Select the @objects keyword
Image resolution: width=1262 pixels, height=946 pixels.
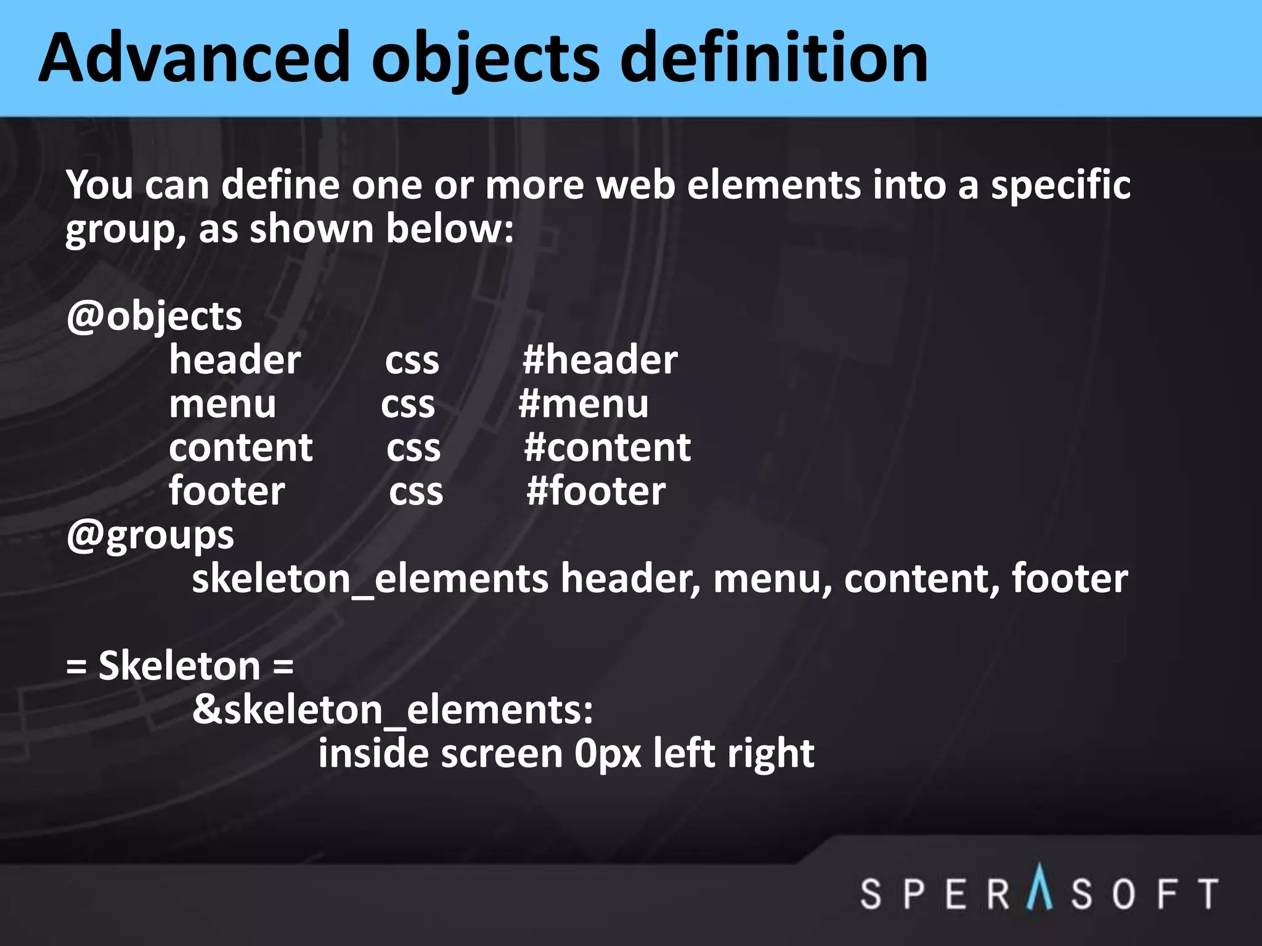point(154,318)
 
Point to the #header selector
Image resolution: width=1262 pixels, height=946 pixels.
point(600,360)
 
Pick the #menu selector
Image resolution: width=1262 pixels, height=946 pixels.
point(584,405)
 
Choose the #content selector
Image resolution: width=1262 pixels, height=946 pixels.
point(607,448)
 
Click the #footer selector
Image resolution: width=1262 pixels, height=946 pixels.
point(596,492)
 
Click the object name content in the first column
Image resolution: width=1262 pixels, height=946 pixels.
point(241,448)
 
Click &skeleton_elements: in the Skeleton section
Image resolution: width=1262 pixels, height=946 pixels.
point(393,711)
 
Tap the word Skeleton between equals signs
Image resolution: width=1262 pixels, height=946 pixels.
point(179,667)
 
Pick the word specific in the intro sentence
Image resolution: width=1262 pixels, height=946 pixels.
point(1060,186)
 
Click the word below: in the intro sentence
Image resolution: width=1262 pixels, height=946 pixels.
point(450,230)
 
